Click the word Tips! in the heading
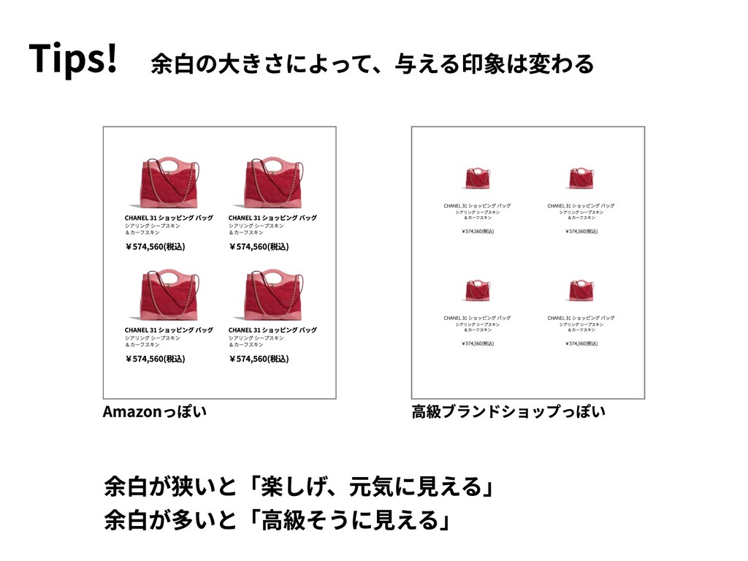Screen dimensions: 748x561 pos(73,59)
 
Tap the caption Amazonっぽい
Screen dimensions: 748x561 pos(155,413)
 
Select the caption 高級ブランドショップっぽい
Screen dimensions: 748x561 pos(508,413)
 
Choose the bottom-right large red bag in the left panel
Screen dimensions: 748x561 pos(273,297)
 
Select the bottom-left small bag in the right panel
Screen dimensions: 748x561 pos(477,291)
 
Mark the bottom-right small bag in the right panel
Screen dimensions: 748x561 pos(581,291)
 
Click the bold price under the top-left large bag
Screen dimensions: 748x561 pos(155,246)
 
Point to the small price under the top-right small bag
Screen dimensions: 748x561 pos(581,232)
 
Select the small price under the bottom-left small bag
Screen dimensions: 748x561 pos(478,343)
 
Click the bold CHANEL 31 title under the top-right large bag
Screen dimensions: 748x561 pos(272,218)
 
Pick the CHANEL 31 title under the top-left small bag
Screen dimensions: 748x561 pos(477,206)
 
